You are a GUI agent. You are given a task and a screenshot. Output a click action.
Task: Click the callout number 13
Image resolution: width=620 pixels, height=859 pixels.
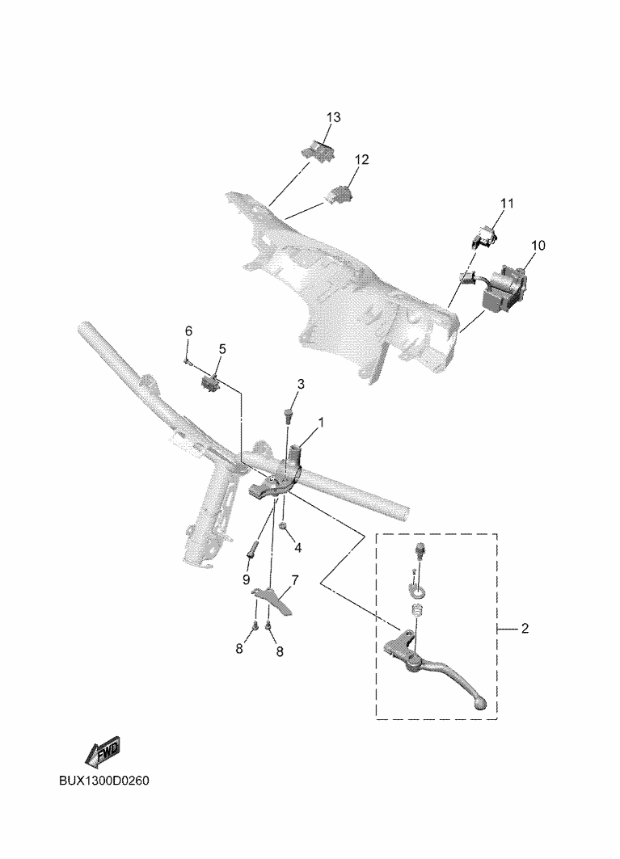pos(334,118)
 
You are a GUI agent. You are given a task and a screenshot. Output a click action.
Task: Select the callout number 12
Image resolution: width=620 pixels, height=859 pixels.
pos(361,160)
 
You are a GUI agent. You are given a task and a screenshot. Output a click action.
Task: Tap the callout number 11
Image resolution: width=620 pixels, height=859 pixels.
pos(506,203)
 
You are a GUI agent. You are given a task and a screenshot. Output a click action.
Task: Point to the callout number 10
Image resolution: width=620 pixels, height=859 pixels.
pos(538,245)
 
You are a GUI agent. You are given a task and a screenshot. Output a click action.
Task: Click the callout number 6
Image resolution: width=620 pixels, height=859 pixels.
pos(189,331)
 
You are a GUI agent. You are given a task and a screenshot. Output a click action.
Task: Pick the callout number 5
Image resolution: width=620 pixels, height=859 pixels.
pos(222,348)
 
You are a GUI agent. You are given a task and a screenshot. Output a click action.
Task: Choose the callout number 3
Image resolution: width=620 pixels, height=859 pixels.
pos(300,384)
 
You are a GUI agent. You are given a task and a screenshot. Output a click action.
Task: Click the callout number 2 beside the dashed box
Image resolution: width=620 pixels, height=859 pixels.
pos(525,629)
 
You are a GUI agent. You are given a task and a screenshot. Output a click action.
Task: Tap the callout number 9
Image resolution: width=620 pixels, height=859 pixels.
pos(246,579)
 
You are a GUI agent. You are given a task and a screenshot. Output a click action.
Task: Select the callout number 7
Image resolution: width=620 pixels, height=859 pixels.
pos(295,579)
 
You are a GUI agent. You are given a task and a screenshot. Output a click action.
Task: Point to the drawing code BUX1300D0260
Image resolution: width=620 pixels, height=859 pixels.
pos(104,781)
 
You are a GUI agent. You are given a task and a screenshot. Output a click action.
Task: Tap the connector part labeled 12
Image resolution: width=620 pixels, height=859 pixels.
pos(340,194)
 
